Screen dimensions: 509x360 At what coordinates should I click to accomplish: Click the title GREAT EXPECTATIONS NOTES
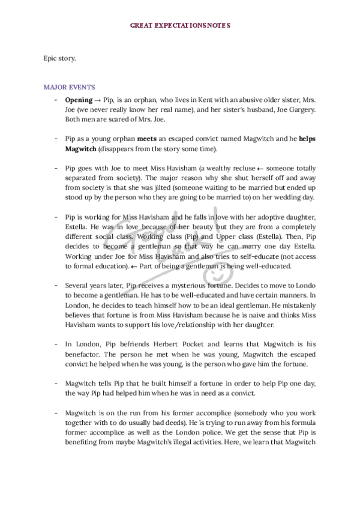coord(180,26)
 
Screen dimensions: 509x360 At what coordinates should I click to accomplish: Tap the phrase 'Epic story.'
coord(60,58)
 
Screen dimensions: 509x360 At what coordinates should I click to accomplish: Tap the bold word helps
coord(307,139)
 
